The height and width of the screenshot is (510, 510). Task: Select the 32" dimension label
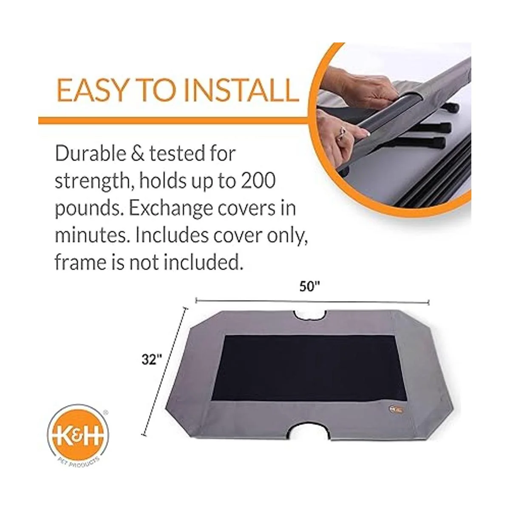point(152,360)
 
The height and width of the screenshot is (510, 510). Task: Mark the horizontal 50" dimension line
point(312,301)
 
